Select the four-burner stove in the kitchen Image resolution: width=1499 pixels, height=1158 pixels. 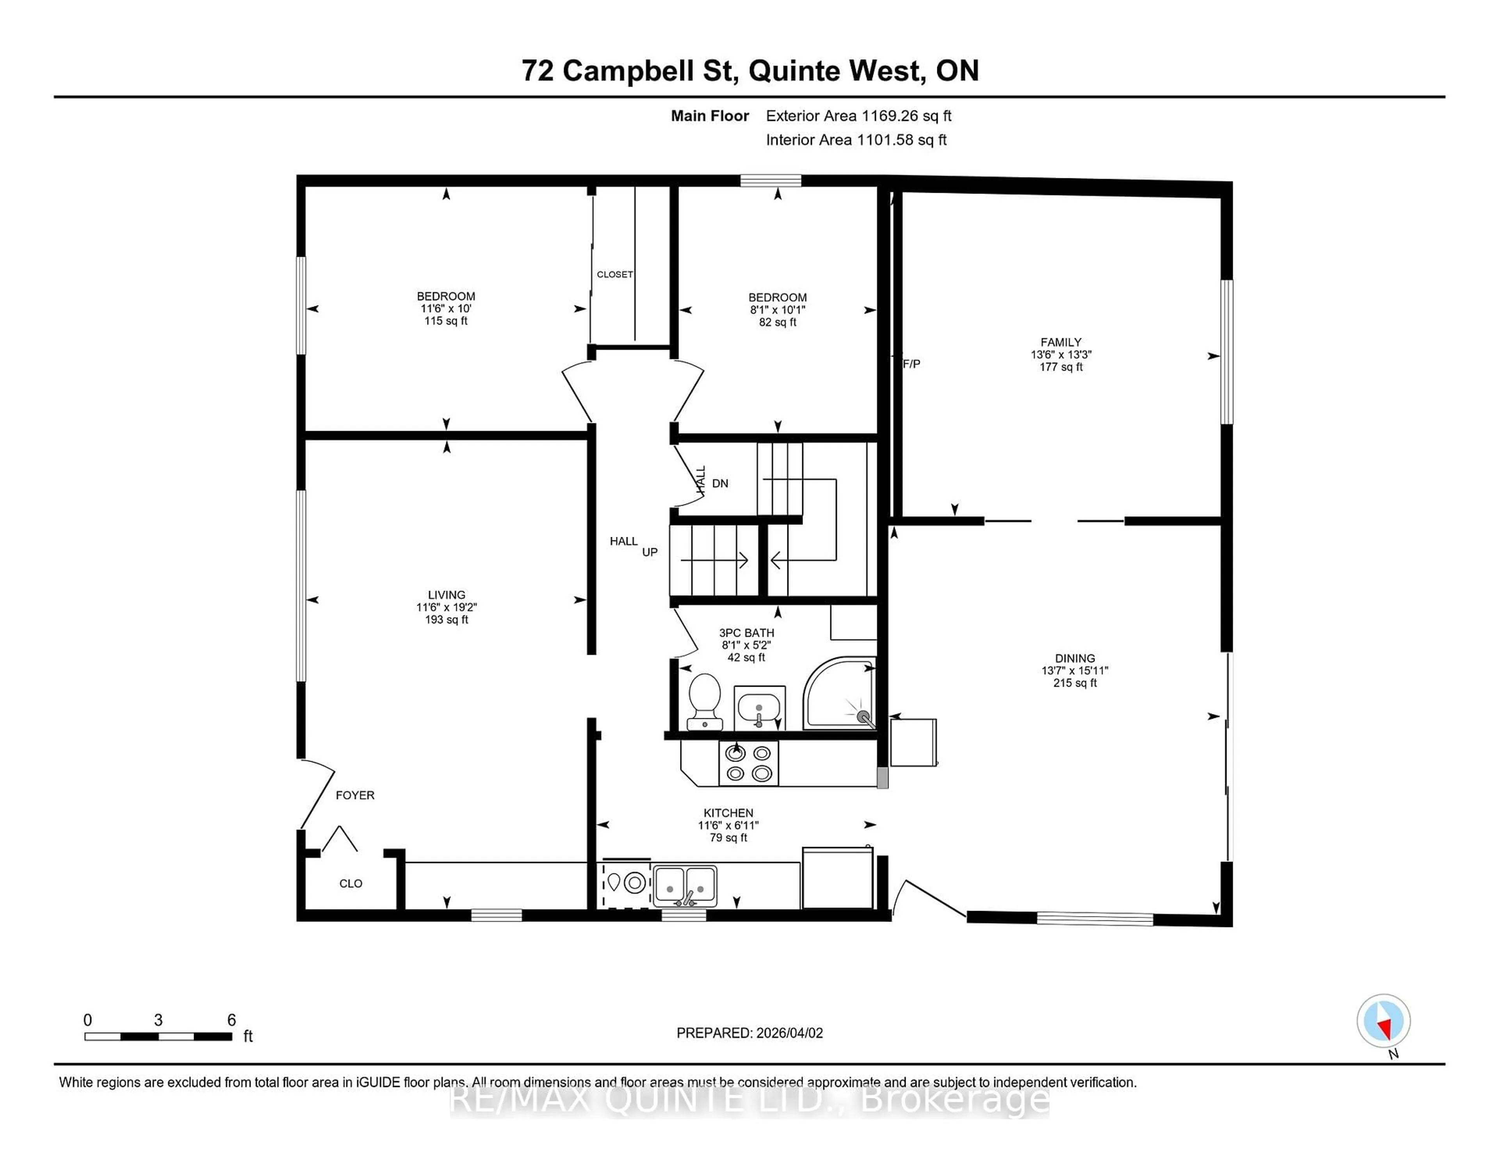pos(748,763)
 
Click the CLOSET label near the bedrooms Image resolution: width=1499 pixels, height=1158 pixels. pos(614,274)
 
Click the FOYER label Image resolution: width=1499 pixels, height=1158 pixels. pos(355,795)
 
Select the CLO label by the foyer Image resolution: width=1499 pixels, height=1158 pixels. pos(350,884)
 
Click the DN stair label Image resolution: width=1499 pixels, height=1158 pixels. pos(719,484)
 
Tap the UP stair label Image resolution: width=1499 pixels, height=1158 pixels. pos(649,552)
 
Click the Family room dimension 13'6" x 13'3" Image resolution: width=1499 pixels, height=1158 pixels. pos(1060,355)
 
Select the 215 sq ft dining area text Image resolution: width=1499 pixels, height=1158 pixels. pos(1075,683)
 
